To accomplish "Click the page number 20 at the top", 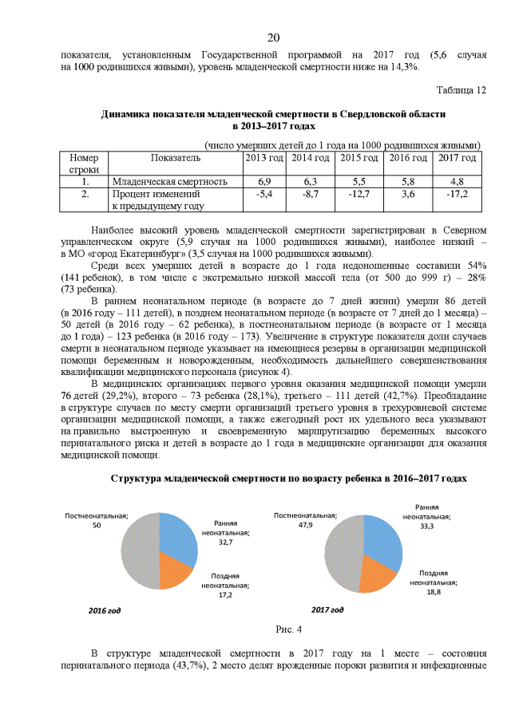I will (273, 37).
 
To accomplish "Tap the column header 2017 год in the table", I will (458, 158).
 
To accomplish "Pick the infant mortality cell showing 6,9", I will (264, 182).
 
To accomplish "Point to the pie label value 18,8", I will (433, 592).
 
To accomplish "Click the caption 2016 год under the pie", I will (105, 610).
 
